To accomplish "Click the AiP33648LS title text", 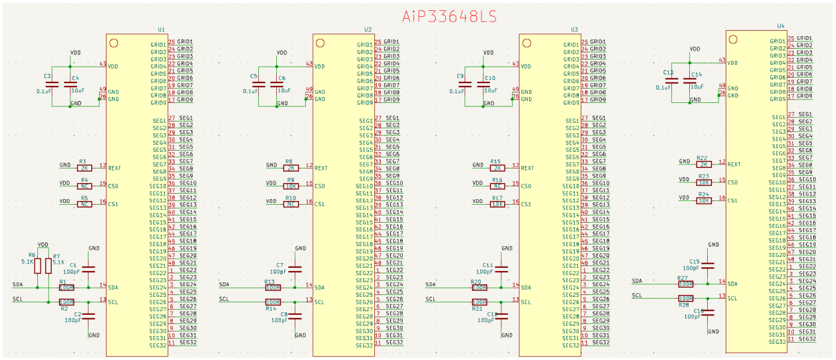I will pos(450,16).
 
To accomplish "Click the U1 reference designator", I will pos(161,29).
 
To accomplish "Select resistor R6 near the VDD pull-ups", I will pos(37,265).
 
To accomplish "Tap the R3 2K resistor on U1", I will pos(84,168).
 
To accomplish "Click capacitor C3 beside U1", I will pos(52,84).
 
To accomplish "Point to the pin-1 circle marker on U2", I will pos(320,43).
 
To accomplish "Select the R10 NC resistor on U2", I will pos(291,204).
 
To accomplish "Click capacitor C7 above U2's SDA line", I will pos(295,268).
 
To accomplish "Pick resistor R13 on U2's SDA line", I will pos(273,287).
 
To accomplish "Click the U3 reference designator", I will pos(574,29).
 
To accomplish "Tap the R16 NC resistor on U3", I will pos(497,186).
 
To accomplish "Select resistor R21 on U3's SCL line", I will pos(479,302).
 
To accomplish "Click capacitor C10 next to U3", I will pos(483,84).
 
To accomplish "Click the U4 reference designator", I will pos(781,26).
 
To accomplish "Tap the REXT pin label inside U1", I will pos(115,169).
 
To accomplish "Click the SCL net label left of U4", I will pos(637,296).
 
